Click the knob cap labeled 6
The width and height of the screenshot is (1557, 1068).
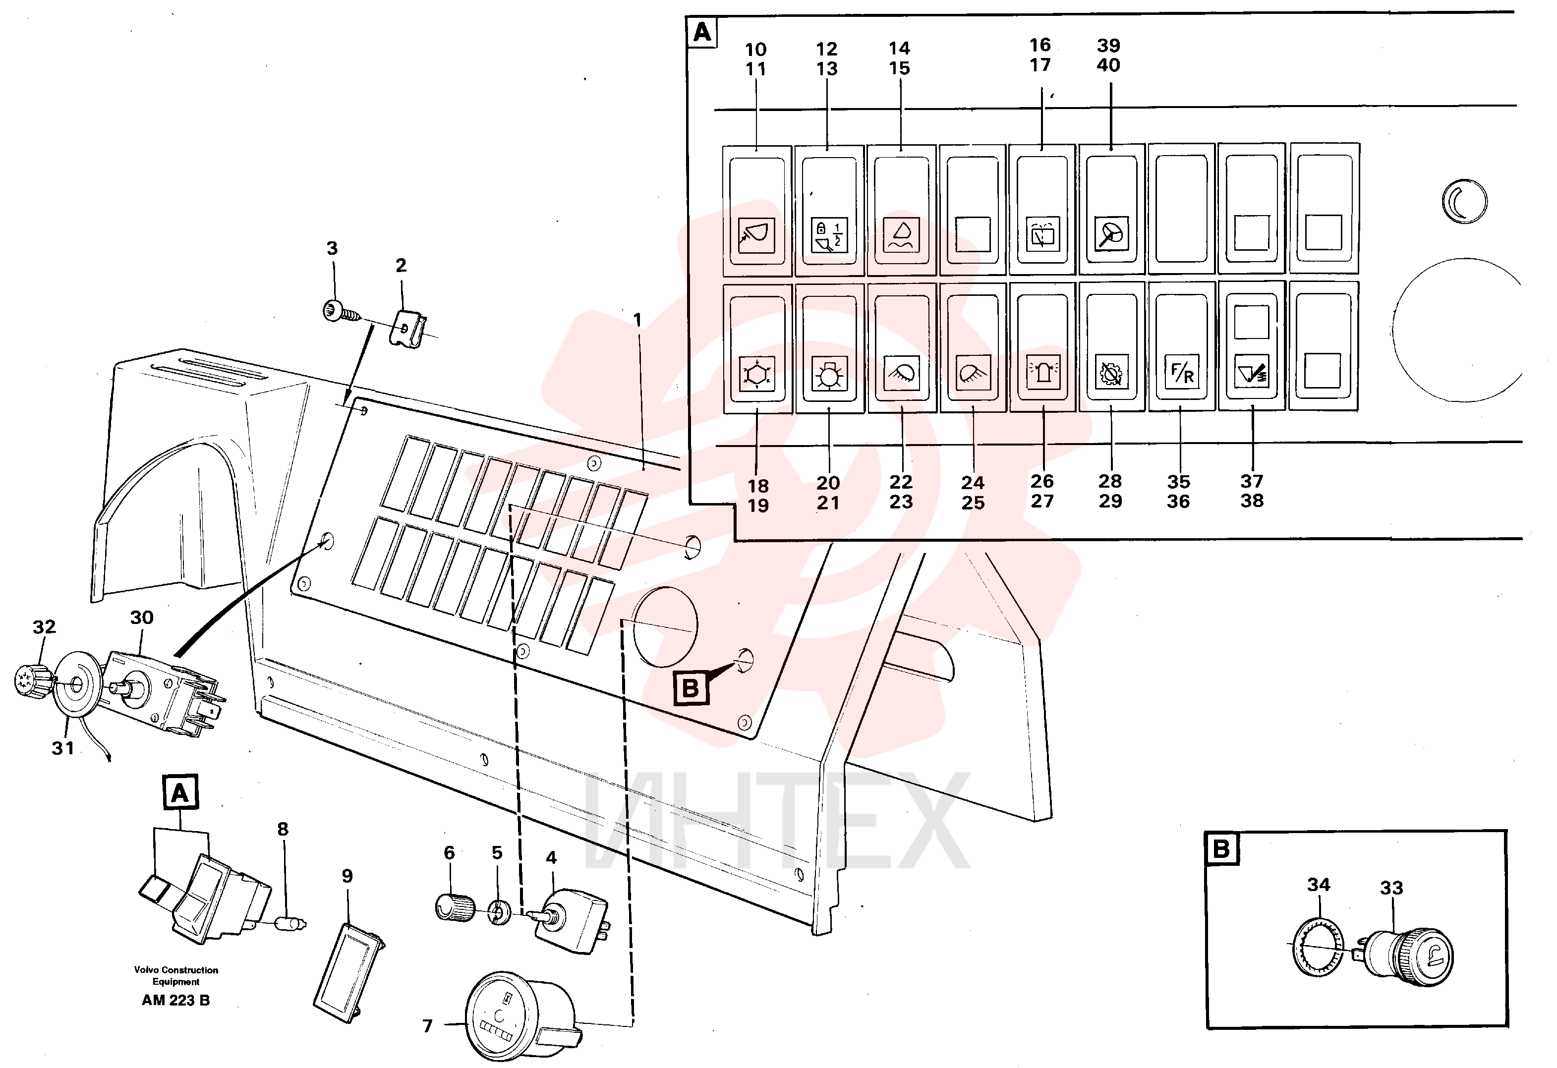456,906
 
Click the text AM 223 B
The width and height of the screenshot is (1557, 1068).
175,1000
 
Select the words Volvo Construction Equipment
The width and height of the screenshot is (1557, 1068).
175,975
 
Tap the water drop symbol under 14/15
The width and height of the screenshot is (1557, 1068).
901,234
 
